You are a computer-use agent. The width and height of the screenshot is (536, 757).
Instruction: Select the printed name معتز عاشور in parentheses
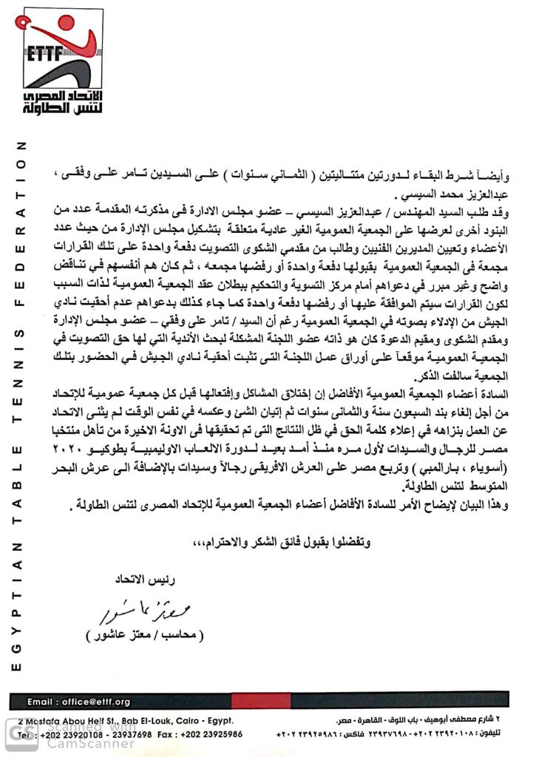click(x=143, y=636)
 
